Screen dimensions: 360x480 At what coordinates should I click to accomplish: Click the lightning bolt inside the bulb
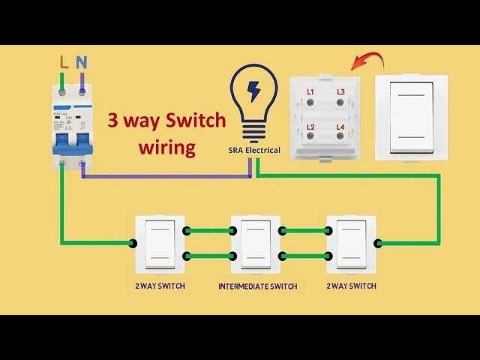coord(253,91)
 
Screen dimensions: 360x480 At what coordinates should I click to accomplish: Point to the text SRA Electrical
coord(254,150)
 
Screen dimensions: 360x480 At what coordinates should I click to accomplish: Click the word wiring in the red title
coord(166,147)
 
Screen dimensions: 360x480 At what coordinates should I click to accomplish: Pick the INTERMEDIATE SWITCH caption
coord(257,286)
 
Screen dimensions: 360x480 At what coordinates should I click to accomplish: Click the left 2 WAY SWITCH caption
coord(160,286)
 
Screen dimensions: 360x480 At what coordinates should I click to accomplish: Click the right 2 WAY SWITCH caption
coord(351,286)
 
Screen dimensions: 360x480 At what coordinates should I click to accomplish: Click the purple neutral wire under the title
coord(165,177)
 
